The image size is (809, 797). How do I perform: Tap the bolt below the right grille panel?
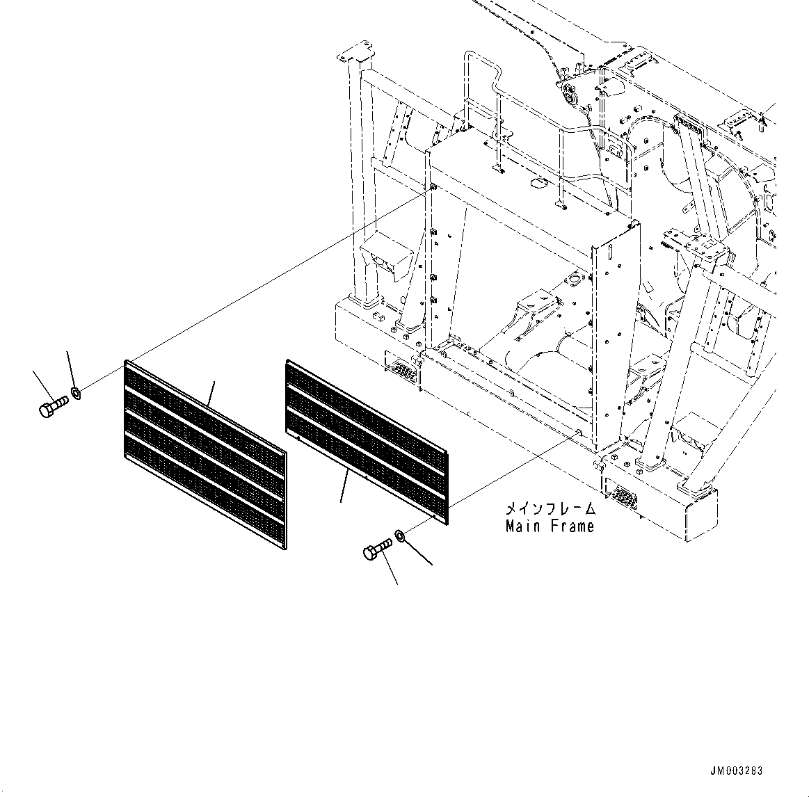(x=376, y=551)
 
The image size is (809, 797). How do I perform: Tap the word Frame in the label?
(x=572, y=526)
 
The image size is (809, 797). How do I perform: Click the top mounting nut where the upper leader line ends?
(x=433, y=188)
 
